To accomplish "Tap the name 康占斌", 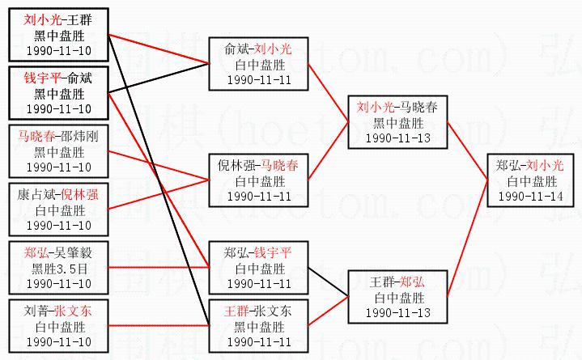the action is click(36, 194).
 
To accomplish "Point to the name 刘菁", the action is click(36, 311).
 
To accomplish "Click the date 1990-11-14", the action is click(530, 196).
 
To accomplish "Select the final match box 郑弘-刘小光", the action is click(530, 180).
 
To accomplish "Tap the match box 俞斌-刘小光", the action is click(258, 64).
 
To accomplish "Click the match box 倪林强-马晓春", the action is click(258, 180).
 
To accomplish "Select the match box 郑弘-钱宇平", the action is click(258, 268).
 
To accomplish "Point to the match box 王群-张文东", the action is click(258, 324).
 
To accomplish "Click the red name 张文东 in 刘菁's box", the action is click(73, 311).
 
